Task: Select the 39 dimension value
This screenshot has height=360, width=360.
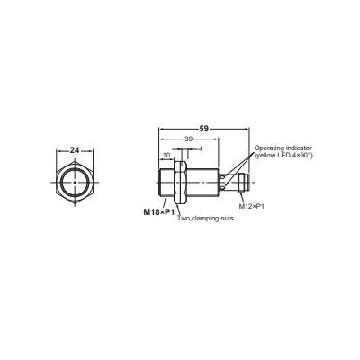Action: (x=187, y=140)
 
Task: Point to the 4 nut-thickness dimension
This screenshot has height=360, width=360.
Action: (x=199, y=148)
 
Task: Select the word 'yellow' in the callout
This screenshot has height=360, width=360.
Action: (x=265, y=155)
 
